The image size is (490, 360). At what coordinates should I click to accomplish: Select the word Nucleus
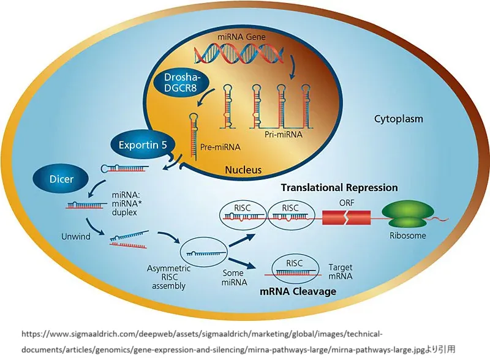(243, 170)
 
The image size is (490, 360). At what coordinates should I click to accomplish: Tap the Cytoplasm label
(399, 118)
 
